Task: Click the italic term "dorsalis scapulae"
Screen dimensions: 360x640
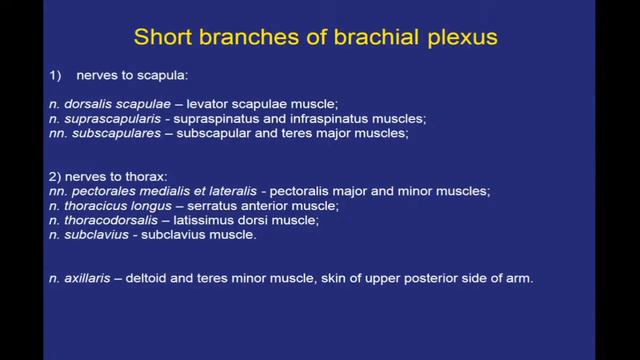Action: [x=109, y=104]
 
